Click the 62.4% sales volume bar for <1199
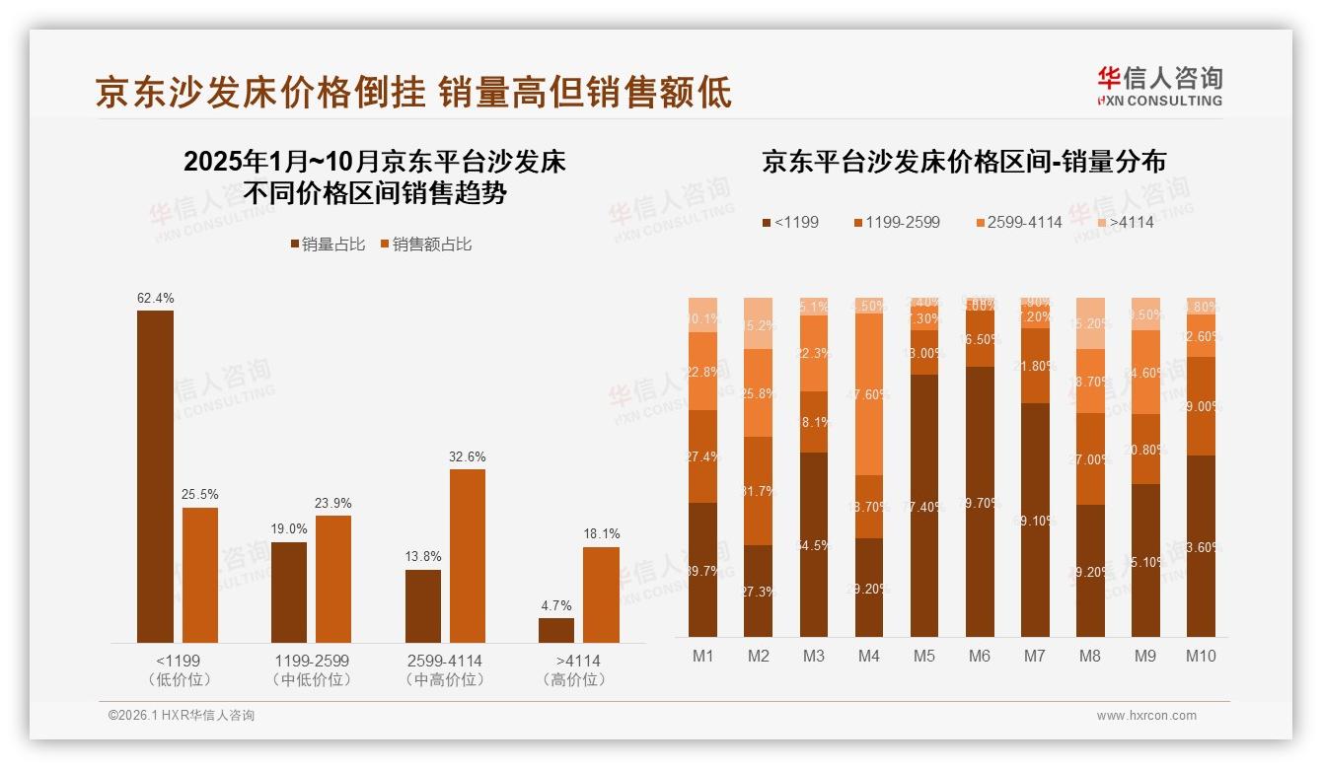tap(155, 476)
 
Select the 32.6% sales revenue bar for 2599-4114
tap(468, 556)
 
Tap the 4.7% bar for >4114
tap(556, 630)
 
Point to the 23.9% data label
tap(333, 503)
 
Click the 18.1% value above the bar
tap(601, 533)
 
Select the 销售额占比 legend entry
tap(425, 245)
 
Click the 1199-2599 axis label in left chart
tap(310, 661)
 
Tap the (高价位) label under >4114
tap(573, 679)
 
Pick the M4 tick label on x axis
tap(869, 656)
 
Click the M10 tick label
tap(1200, 656)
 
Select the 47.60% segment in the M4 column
tap(869, 394)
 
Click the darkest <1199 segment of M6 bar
tap(980, 501)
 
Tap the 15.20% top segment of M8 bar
tap(1090, 324)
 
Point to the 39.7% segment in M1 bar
tap(702, 569)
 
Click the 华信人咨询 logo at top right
tap(1159, 86)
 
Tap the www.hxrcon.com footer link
tap(1145, 716)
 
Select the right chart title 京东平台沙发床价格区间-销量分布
tap(963, 162)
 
